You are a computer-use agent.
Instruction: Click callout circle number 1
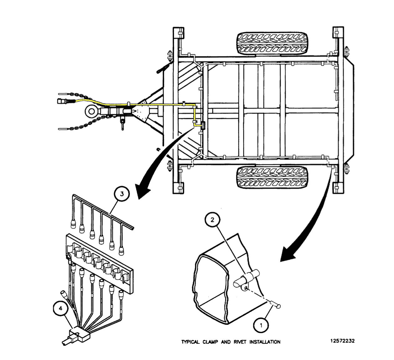pyautogui.click(x=261, y=325)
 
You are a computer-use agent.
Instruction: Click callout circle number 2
pyautogui.click(x=212, y=220)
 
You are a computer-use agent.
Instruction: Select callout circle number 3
pyautogui.click(x=122, y=194)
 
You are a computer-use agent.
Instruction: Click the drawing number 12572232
pyautogui.click(x=342, y=341)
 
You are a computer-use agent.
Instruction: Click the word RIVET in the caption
pyautogui.click(x=240, y=342)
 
